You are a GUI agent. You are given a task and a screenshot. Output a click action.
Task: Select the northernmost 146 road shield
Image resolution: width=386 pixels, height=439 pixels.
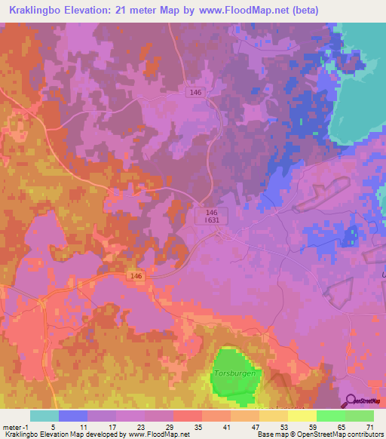click(196, 92)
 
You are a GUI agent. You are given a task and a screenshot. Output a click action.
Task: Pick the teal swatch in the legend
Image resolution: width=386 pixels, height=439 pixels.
click(44, 416)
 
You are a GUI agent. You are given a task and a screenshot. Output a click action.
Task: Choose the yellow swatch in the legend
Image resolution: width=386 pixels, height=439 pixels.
click(302, 416)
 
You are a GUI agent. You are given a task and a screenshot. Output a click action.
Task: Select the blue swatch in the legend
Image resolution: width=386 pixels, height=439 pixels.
click(73, 416)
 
